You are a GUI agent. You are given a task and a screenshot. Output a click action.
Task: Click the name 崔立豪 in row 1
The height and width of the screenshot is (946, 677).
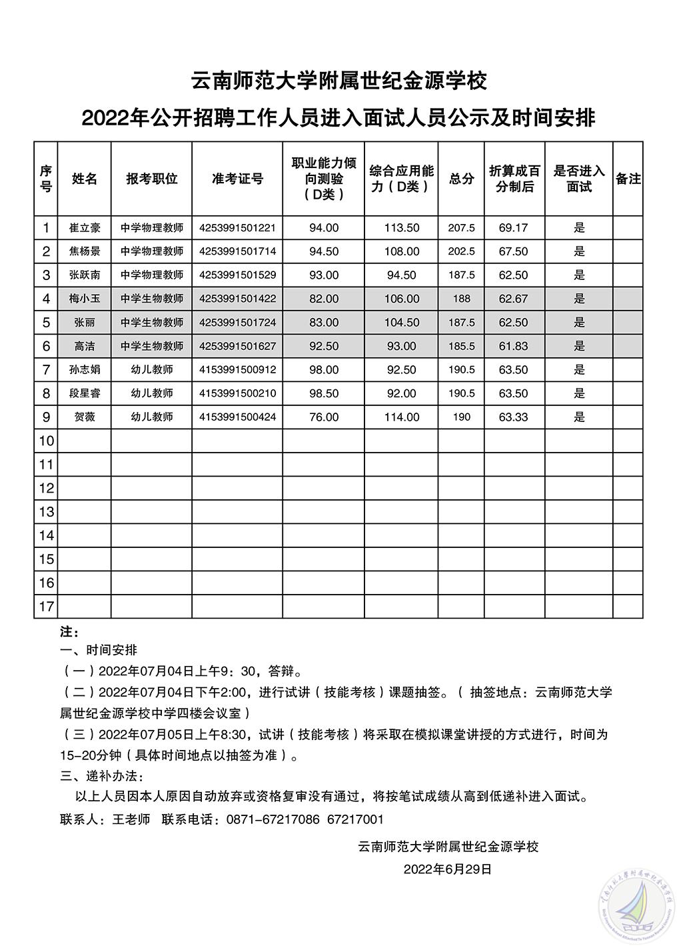pyautogui.click(x=85, y=227)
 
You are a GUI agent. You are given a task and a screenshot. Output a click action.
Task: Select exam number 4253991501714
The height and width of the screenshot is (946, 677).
pyautogui.click(x=237, y=251)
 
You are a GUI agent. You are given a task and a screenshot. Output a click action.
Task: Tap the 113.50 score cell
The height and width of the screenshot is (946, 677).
pyautogui.click(x=401, y=227)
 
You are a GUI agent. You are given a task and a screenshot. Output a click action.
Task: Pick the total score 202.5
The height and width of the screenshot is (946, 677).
pyautogui.click(x=461, y=251)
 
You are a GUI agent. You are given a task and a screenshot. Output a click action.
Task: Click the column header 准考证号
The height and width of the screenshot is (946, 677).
pyautogui.click(x=237, y=178)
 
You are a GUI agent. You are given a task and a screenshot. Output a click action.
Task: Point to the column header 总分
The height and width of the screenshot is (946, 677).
pyautogui.click(x=461, y=178)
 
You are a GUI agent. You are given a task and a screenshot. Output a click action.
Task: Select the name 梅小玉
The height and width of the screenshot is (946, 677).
pyautogui.click(x=85, y=299)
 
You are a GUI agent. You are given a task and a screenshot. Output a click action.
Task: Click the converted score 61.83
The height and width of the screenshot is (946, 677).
pyautogui.click(x=513, y=346)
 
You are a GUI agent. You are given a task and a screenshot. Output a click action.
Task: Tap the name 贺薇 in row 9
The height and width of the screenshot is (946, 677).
pyautogui.click(x=85, y=417)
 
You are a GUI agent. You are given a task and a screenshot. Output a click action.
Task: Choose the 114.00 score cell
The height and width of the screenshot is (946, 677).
pyautogui.click(x=401, y=417)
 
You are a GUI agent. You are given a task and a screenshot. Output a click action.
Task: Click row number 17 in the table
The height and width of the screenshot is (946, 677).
pyautogui.click(x=46, y=607)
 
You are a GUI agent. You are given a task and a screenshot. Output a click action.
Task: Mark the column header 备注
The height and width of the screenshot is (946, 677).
pyautogui.click(x=628, y=178)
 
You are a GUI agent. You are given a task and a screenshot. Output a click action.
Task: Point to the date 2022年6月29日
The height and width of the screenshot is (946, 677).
pyautogui.click(x=448, y=869)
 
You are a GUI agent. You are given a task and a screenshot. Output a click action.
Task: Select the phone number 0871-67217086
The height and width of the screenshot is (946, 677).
pyautogui.click(x=273, y=819)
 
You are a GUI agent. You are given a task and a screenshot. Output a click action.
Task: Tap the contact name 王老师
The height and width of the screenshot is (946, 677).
pyautogui.click(x=131, y=819)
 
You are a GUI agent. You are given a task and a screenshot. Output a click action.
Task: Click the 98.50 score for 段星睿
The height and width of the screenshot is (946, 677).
pyautogui.click(x=324, y=393)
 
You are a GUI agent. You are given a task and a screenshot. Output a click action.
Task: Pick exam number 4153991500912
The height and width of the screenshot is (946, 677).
pyautogui.click(x=237, y=369)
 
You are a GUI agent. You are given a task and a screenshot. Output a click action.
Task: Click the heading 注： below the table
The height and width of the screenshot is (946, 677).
pyautogui.click(x=69, y=630)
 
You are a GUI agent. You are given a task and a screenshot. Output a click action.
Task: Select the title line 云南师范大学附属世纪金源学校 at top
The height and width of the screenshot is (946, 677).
pyautogui.click(x=338, y=81)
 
